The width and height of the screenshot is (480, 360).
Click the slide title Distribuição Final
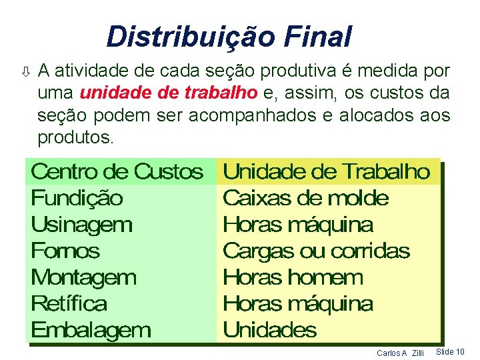229,37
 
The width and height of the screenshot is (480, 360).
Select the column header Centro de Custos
117,172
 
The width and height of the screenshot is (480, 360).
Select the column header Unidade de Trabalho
326,172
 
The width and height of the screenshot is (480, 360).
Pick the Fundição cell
77,198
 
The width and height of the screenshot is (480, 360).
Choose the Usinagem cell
81,225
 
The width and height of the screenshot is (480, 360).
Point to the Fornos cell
65,251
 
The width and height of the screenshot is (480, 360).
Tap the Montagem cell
83,277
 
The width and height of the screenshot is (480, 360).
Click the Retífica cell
69,304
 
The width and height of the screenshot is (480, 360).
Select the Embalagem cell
91,330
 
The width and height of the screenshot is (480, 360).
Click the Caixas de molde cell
305,198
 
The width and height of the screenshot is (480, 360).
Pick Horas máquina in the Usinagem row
297,225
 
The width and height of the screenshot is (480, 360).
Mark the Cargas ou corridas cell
316,251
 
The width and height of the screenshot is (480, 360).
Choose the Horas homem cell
293,277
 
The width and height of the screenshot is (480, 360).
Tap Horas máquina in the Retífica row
297,304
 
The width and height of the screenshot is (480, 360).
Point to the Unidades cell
269,330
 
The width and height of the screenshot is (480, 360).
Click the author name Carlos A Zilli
400,352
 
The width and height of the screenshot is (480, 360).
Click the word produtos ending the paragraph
75,138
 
